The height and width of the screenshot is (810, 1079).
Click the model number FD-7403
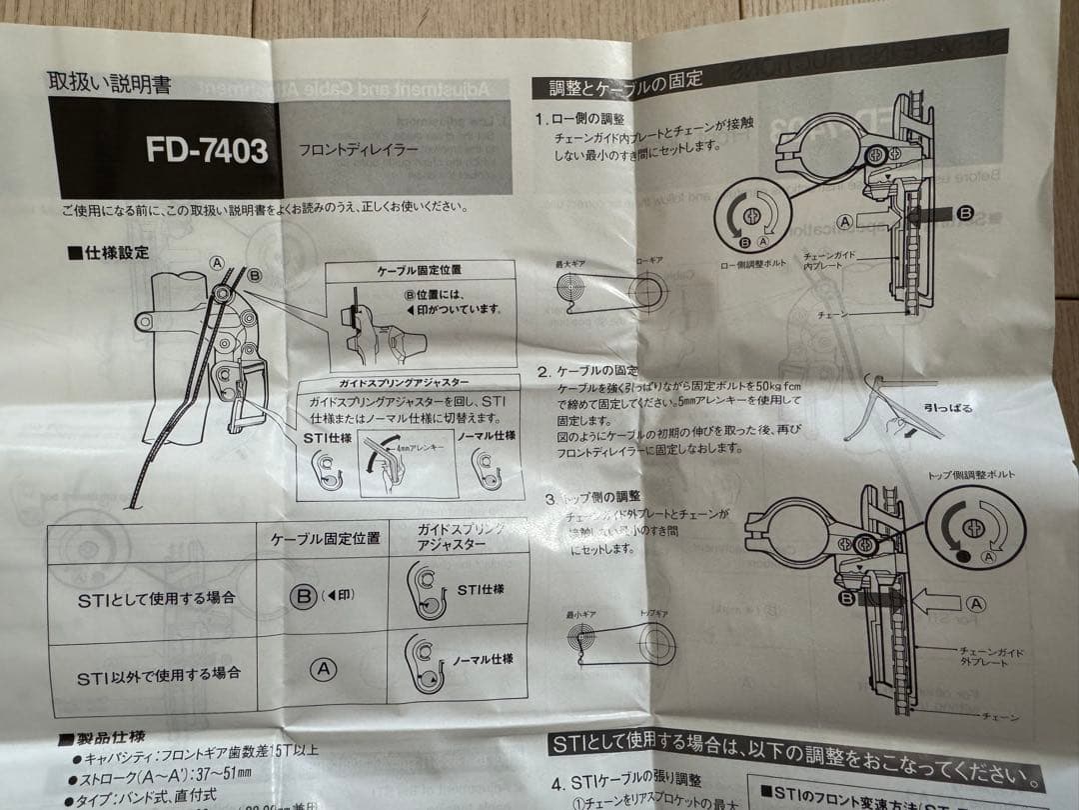coord(207,150)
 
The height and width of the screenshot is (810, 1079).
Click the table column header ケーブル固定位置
coord(325,538)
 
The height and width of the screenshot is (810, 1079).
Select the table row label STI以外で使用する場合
coord(160,674)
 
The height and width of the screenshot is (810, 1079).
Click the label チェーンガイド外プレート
coord(985,657)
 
